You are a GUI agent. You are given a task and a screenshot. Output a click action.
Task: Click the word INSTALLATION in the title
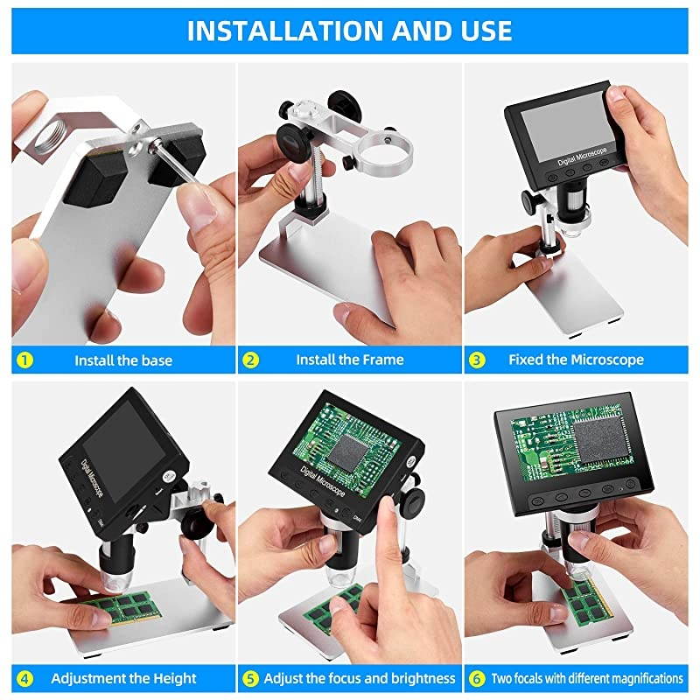click(285, 31)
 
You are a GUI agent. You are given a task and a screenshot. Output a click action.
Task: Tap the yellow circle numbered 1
click(24, 360)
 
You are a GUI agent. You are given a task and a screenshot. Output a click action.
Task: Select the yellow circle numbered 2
click(250, 360)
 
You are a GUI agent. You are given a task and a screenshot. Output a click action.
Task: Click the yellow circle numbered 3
click(477, 360)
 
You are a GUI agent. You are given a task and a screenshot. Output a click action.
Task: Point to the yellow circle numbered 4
click(24, 679)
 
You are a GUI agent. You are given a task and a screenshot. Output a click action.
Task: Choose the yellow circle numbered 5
click(250, 679)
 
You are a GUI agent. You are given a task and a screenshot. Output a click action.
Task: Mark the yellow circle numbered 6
click(477, 679)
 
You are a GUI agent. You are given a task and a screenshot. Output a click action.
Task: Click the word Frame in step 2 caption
click(382, 360)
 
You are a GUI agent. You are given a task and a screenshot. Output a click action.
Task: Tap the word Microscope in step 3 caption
click(607, 360)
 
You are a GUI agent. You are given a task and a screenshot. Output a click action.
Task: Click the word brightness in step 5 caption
click(423, 679)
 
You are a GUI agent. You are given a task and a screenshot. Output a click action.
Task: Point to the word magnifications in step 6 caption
click(642, 679)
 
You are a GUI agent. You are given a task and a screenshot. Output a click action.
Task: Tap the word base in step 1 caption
click(156, 360)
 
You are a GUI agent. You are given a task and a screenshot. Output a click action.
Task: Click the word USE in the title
click(487, 31)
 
